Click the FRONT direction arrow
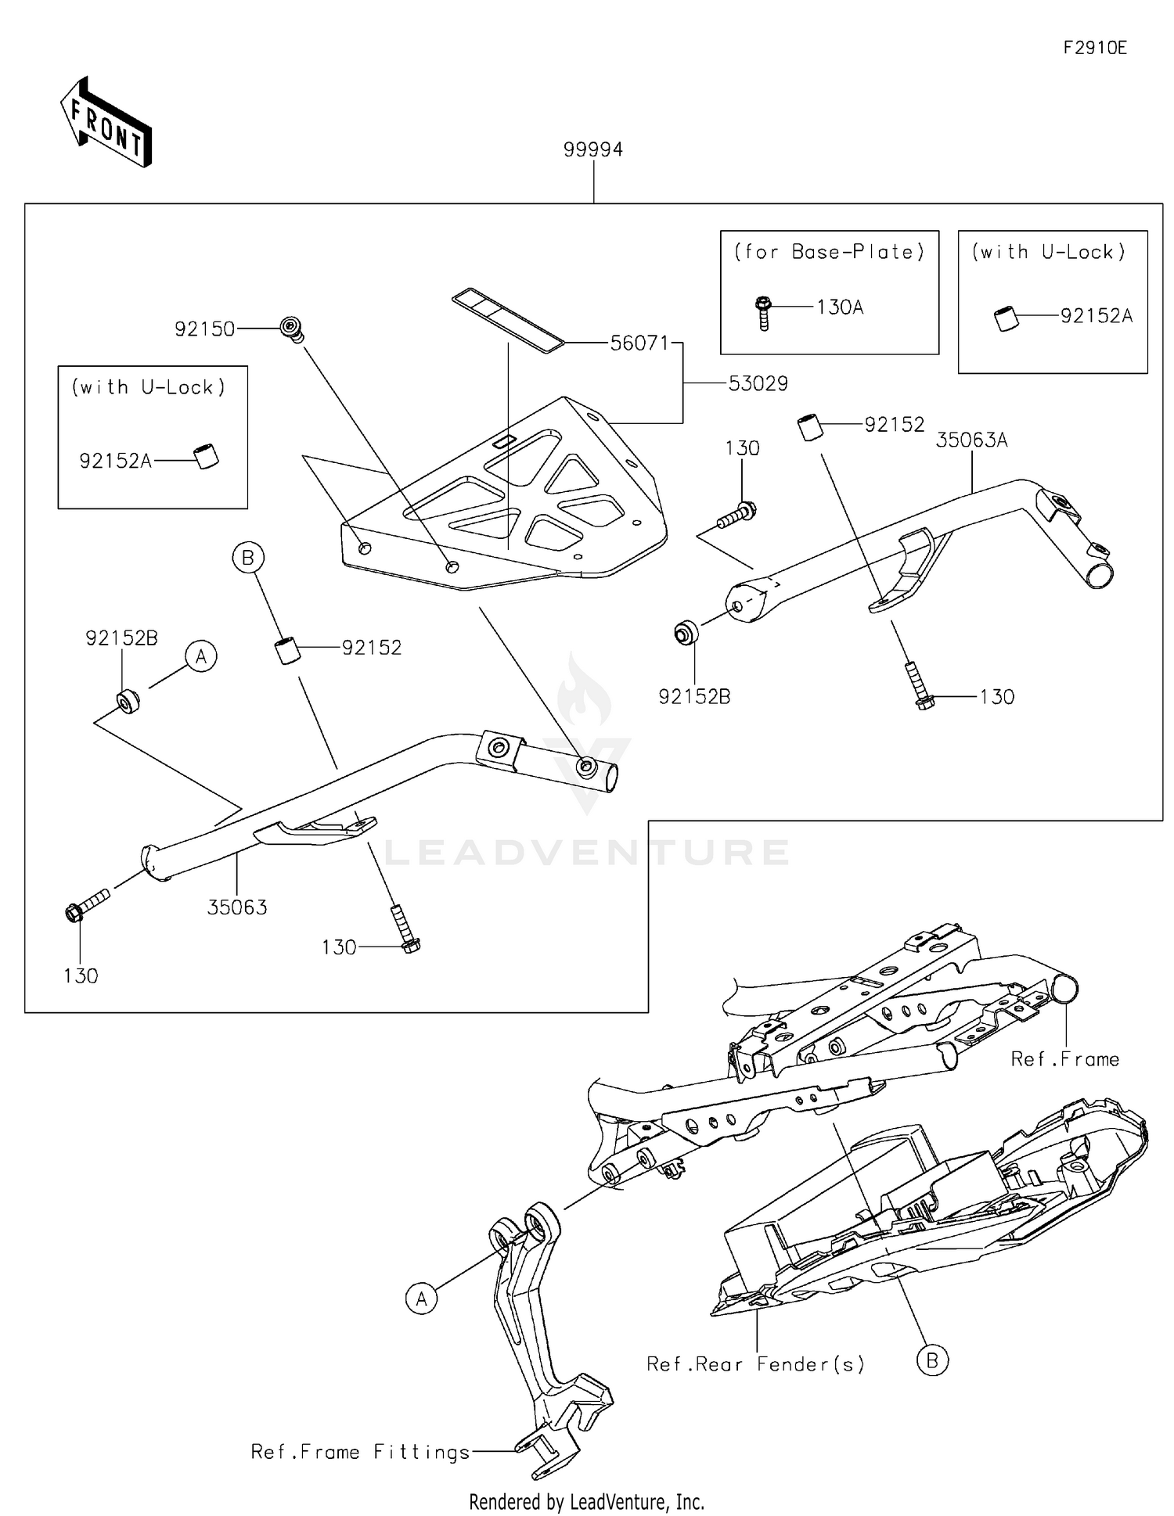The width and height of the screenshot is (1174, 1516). click(x=106, y=123)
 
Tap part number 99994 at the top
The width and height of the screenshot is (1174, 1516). click(x=592, y=149)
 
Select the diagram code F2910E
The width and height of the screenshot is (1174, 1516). click(x=1094, y=48)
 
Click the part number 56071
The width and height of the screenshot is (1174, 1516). click(x=639, y=343)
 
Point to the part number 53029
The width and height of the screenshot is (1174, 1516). click(x=758, y=383)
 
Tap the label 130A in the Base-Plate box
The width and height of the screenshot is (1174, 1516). click(x=839, y=307)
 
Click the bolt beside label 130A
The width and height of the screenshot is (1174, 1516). click(x=764, y=313)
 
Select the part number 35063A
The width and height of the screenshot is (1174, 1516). click(x=971, y=440)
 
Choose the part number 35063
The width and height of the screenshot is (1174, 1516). click(x=237, y=907)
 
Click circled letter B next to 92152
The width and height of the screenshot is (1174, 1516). click(x=248, y=558)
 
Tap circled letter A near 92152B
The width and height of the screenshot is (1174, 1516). click(x=201, y=656)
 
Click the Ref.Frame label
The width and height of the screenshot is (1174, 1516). click(x=1064, y=1059)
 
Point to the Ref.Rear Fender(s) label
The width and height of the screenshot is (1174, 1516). click(x=755, y=1364)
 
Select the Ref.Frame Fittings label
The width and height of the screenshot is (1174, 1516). click(x=360, y=1452)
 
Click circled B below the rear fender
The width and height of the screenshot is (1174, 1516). click(x=931, y=1360)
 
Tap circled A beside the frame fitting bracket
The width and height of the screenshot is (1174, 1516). click(x=421, y=1299)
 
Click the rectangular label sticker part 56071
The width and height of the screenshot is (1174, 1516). click(x=508, y=319)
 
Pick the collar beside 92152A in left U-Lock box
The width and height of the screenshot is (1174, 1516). click(x=207, y=456)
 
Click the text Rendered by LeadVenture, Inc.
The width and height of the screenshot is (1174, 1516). click(x=586, y=1501)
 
